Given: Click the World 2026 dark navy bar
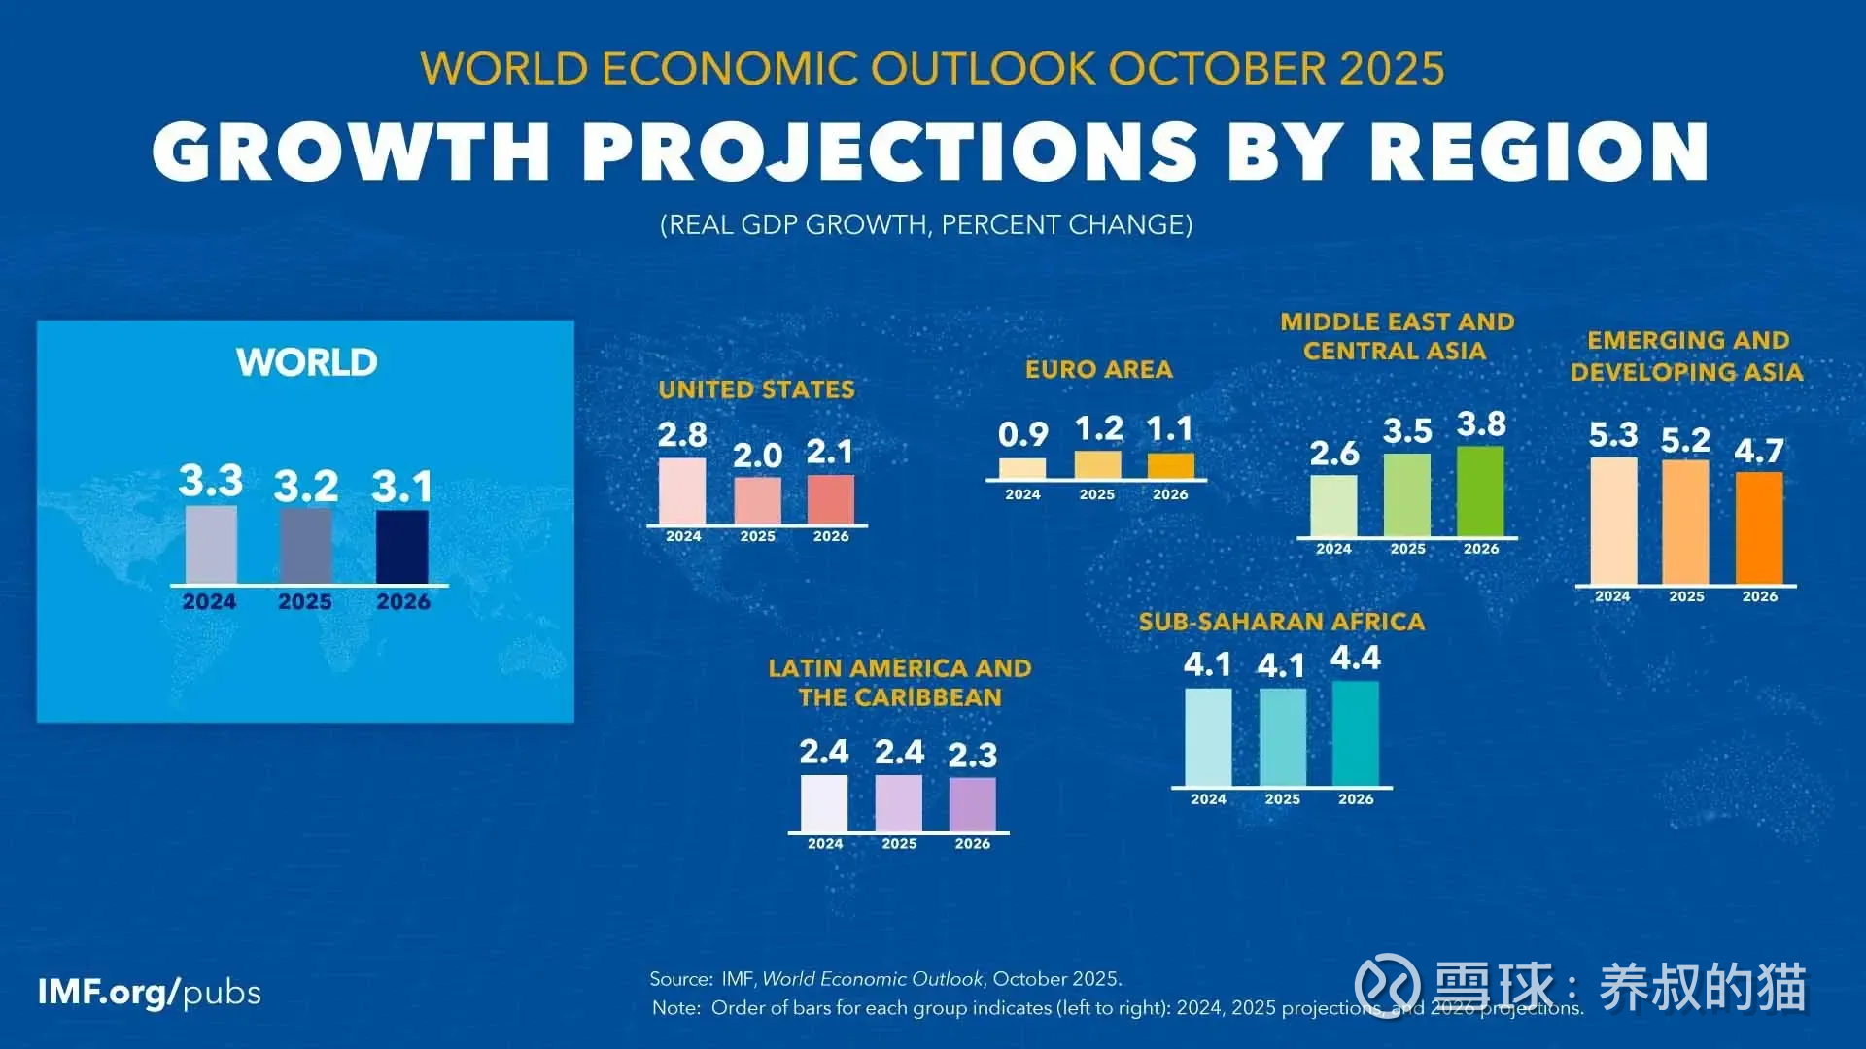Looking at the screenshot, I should [402, 547].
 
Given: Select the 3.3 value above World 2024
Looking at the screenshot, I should [211, 481].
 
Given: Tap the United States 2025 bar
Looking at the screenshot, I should [757, 501].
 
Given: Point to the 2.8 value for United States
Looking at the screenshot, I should [682, 435].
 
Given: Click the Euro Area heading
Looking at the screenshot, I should [1099, 369].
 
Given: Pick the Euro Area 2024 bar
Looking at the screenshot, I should [1022, 468].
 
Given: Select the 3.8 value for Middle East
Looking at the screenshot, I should [1481, 424].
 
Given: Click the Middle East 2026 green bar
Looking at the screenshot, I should [1480, 491].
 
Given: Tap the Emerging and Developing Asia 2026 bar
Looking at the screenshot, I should [1759, 527].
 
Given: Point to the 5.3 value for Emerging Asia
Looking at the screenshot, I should [1613, 435].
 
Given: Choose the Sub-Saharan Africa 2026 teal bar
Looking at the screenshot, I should [1356, 733].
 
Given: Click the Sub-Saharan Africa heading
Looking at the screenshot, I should [1281, 622].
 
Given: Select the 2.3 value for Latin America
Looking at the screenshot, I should [973, 756].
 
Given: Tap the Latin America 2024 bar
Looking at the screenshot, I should [824, 803].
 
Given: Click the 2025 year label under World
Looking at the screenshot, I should [305, 602].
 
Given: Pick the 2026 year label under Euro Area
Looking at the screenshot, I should [1170, 494].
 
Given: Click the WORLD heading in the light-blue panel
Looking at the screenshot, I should [307, 362].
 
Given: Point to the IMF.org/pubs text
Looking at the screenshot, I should [150, 993].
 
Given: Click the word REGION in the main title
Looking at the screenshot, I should [1539, 152].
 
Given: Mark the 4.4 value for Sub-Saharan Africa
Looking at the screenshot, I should [1356, 659].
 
